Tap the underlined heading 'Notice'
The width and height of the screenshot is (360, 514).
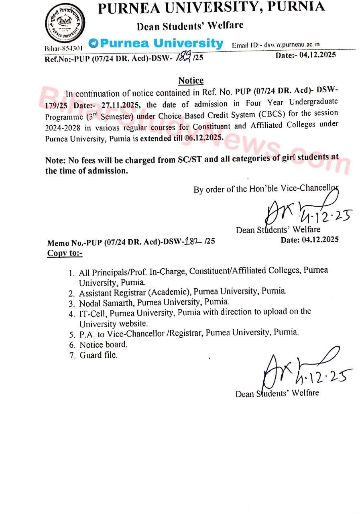coord(191,81)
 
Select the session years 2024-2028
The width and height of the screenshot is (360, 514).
coord(66,127)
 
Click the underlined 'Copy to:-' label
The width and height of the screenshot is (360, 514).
coord(65,253)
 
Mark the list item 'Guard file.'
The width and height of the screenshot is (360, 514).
coord(98,355)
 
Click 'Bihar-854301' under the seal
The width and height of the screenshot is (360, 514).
coord(64,48)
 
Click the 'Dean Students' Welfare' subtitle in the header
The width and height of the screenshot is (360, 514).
coord(190,26)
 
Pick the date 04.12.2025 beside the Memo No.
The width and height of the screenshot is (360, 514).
coord(310,240)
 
